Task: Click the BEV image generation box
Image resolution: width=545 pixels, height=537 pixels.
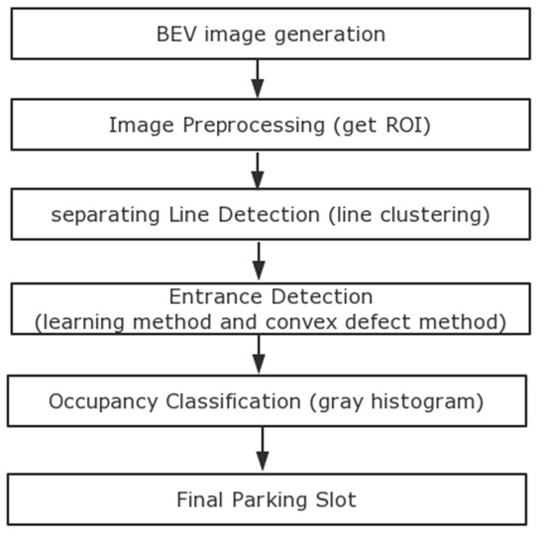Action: [270, 35]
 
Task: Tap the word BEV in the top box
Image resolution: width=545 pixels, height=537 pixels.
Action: [174, 35]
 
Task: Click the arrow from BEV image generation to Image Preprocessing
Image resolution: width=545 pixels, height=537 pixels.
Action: [259, 78]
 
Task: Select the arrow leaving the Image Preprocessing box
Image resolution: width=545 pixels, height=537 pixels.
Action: [259, 169]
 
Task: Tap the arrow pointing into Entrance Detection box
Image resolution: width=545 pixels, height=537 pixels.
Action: [259, 262]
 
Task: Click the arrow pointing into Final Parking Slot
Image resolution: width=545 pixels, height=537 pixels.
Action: [262, 450]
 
